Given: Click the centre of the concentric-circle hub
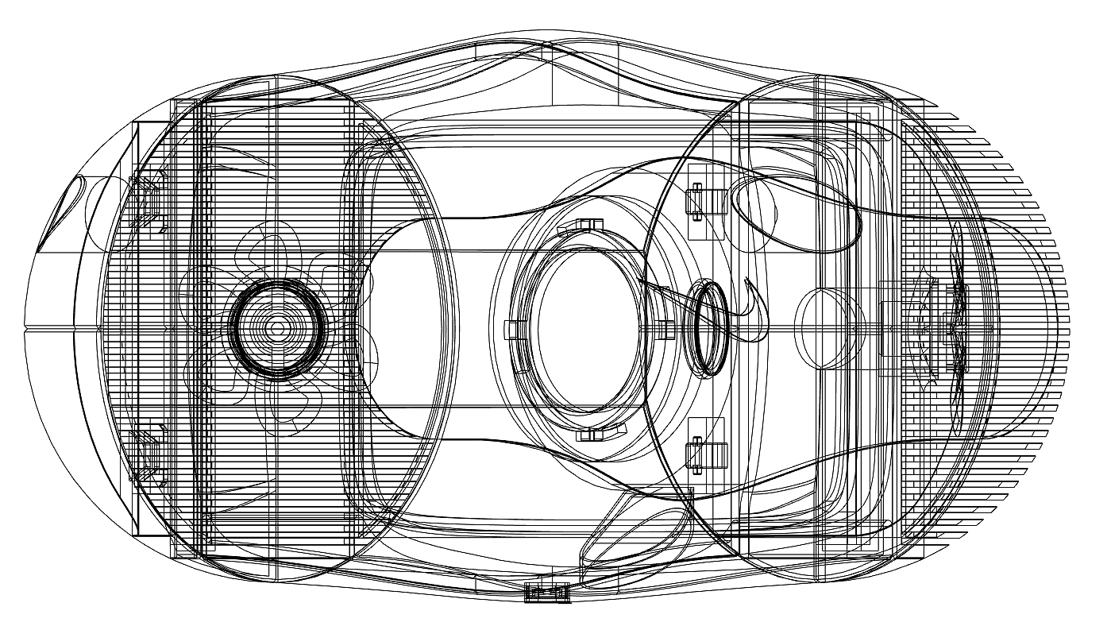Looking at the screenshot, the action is pos(276,327).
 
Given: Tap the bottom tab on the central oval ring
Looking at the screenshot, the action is pos(592,434).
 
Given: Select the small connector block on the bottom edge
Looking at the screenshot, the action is pos(548,592).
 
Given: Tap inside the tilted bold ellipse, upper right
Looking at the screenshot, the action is pos(794,211).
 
